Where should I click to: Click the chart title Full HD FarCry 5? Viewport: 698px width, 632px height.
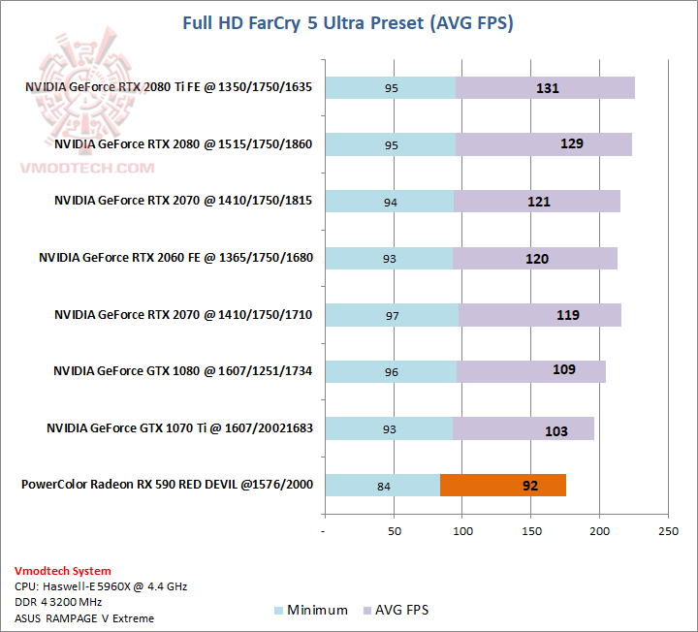pyautogui.click(x=347, y=22)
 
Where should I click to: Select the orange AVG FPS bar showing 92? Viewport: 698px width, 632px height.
pyautogui.click(x=502, y=485)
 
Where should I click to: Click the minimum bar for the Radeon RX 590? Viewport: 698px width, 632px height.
pyautogui.click(x=382, y=485)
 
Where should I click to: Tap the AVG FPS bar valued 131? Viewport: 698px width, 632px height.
pyautogui.click(x=545, y=88)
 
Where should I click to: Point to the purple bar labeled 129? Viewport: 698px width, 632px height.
pyautogui.click(x=544, y=144)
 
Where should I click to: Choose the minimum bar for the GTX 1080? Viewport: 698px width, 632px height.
pyautogui.click(x=391, y=370)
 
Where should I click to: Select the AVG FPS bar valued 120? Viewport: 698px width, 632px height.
pyautogui.click(x=535, y=258)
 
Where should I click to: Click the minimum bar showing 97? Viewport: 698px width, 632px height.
pyautogui.click(x=392, y=314)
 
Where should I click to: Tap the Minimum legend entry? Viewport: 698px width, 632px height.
pyautogui.click(x=310, y=610)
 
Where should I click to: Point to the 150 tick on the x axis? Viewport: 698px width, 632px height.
pyautogui.click(x=531, y=531)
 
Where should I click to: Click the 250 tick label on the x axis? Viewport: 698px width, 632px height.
pyautogui.click(x=669, y=531)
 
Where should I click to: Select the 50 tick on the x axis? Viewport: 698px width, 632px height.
pyautogui.click(x=394, y=531)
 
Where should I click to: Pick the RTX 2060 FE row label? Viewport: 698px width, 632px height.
pyautogui.click(x=175, y=258)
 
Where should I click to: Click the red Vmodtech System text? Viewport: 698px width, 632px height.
pyautogui.click(x=63, y=571)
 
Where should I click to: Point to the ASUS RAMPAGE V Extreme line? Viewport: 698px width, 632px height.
pyautogui.click(x=84, y=617)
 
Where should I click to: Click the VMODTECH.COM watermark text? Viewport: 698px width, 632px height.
pyautogui.click(x=88, y=168)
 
